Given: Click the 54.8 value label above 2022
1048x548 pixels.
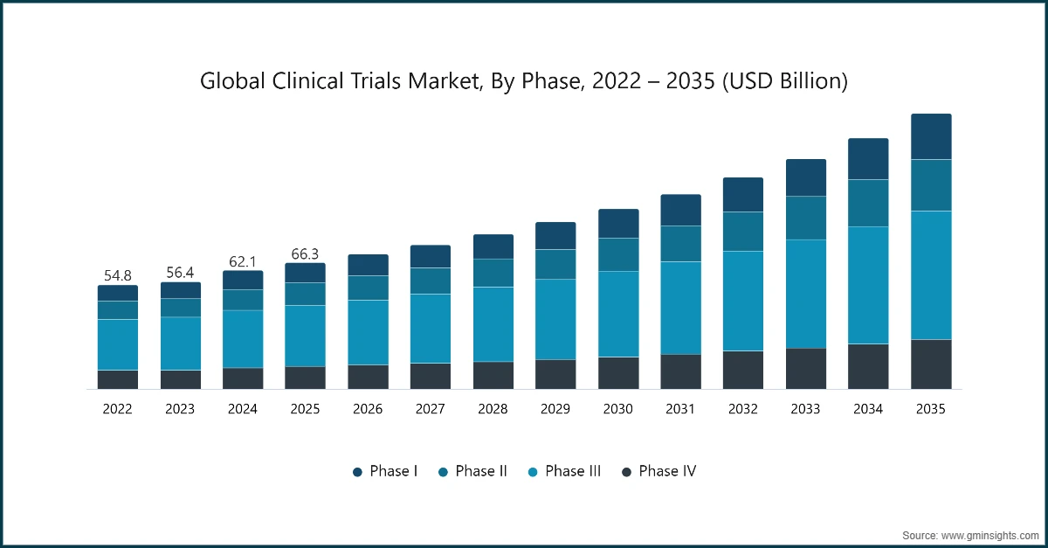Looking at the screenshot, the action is (x=117, y=275).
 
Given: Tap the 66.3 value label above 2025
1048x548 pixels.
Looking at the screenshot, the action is (x=305, y=253).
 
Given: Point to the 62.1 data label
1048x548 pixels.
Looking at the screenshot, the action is (x=243, y=261).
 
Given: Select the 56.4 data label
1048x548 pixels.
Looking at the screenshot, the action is (x=180, y=272).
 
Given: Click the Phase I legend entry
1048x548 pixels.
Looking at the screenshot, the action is (x=385, y=471).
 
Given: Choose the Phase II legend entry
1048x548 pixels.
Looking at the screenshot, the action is (x=472, y=471).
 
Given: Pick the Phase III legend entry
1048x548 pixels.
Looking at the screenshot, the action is (x=564, y=471).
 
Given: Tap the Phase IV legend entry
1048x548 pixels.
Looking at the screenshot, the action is (x=658, y=471).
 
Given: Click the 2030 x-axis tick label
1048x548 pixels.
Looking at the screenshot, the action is (x=618, y=409).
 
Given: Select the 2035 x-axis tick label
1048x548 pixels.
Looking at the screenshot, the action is (x=931, y=409).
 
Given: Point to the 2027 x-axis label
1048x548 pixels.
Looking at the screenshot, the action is (x=431, y=409).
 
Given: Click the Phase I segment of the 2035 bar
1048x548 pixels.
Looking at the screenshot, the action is (x=931, y=136).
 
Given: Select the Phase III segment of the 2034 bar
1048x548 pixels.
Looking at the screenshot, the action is (x=868, y=285).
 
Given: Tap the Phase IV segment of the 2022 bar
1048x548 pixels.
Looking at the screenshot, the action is (x=118, y=379).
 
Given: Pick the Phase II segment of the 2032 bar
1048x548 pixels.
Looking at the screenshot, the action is (x=743, y=232).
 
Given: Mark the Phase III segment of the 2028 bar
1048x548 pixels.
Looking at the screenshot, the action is (x=493, y=324).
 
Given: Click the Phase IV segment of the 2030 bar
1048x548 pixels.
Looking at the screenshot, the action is (x=618, y=373).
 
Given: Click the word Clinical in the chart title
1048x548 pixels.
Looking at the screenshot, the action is (x=307, y=80).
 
